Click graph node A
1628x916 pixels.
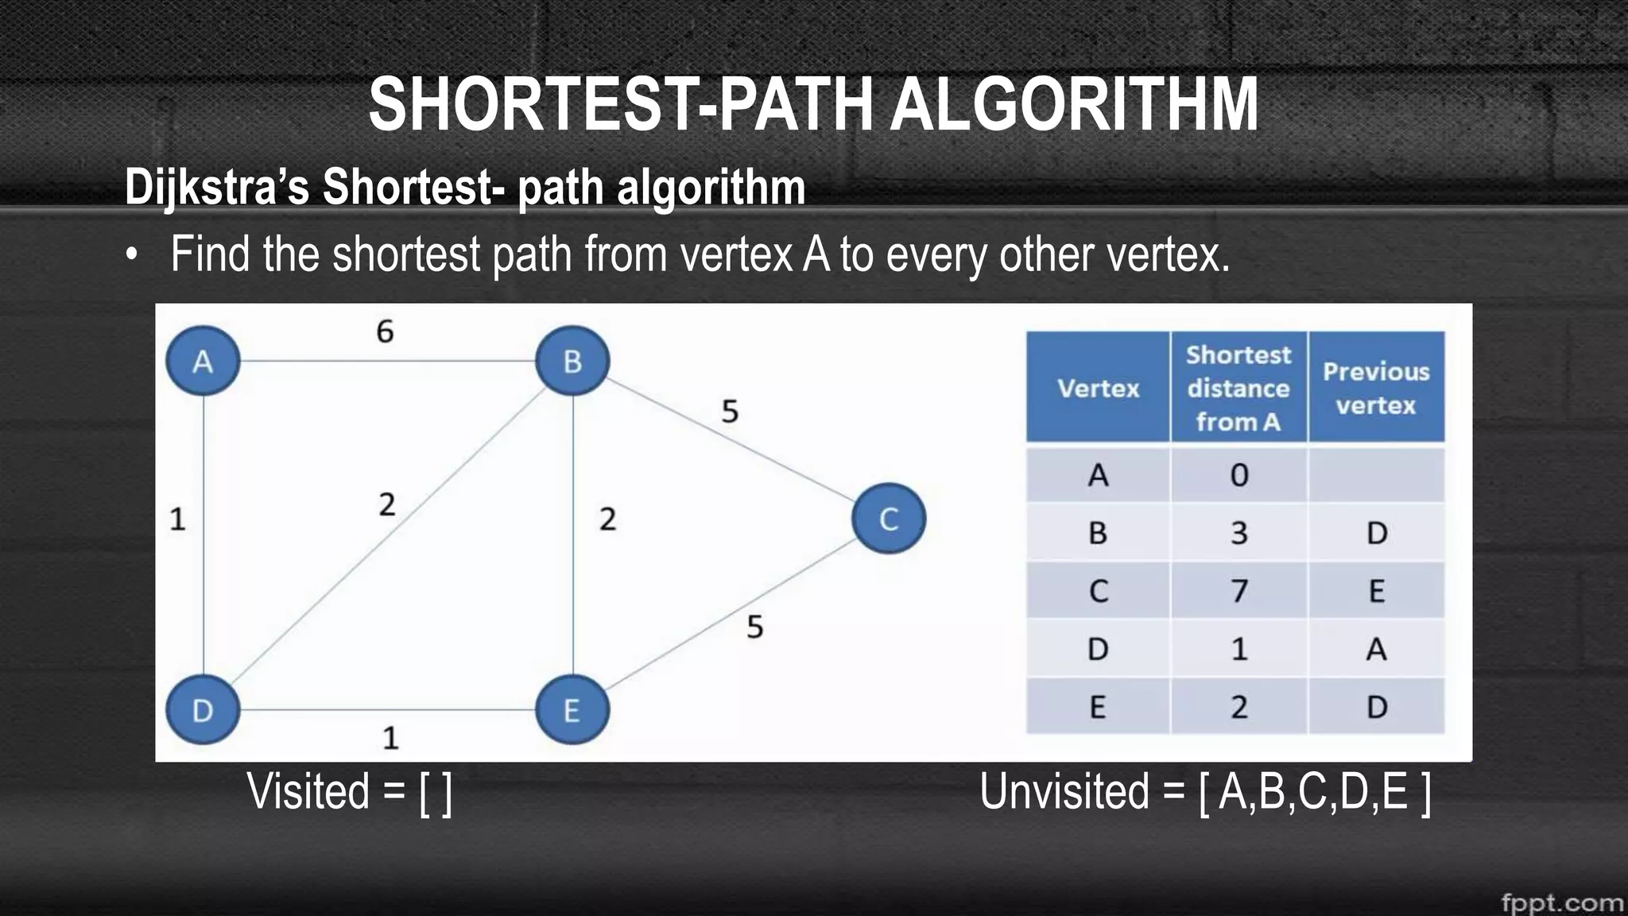click(x=203, y=361)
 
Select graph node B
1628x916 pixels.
click(x=572, y=361)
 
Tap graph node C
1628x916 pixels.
click(x=889, y=518)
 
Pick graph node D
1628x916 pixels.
click(x=203, y=709)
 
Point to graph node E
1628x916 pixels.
click(x=572, y=709)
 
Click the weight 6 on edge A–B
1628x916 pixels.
click(x=385, y=332)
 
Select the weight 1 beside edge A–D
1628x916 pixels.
click(x=177, y=519)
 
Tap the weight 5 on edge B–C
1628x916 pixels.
click(x=730, y=411)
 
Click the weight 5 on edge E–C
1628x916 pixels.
click(x=754, y=627)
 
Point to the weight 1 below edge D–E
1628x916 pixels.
click(x=390, y=738)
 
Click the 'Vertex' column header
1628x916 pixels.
click(x=1098, y=388)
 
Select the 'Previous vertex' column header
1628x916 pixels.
click(x=1376, y=388)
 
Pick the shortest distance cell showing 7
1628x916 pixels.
click(x=1238, y=591)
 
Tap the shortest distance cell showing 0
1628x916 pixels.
click(x=1238, y=475)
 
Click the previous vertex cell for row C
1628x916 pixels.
click(x=1376, y=591)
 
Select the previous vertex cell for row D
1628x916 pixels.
click(x=1376, y=649)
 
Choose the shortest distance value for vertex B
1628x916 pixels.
click(x=1238, y=533)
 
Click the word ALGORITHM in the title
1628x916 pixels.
click(x=1073, y=104)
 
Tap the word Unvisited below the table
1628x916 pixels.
click(x=1064, y=792)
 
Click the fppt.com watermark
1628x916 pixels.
click(x=1561, y=902)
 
